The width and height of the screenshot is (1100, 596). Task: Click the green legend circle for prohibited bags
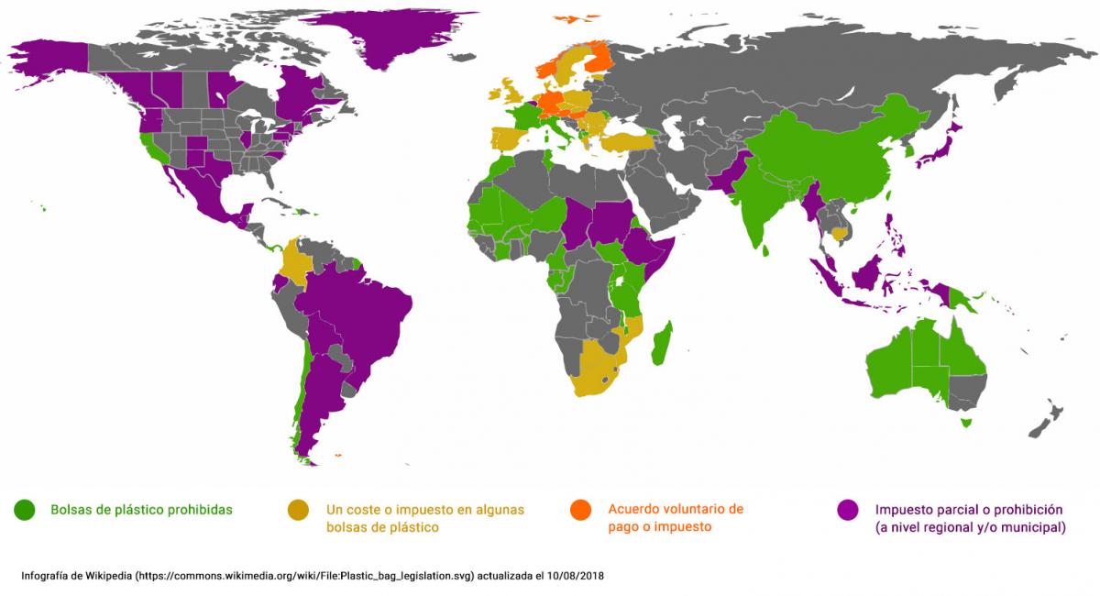pyautogui.click(x=24, y=509)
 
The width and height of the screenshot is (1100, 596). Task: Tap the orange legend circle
pyautogui.click(x=580, y=509)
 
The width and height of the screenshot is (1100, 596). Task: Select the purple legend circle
pyautogui.click(x=848, y=509)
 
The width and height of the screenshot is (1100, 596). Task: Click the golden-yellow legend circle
pyautogui.click(x=299, y=509)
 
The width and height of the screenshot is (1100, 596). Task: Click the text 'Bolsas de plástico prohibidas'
pyautogui.click(x=141, y=509)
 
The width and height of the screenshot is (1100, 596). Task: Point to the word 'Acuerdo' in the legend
pyautogui.click(x=633, y=509)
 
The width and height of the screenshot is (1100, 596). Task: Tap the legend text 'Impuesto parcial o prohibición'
pyautogui.click(x=968, y=509)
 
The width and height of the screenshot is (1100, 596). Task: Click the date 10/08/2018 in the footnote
pyautogui.click(x=574, y=576)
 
